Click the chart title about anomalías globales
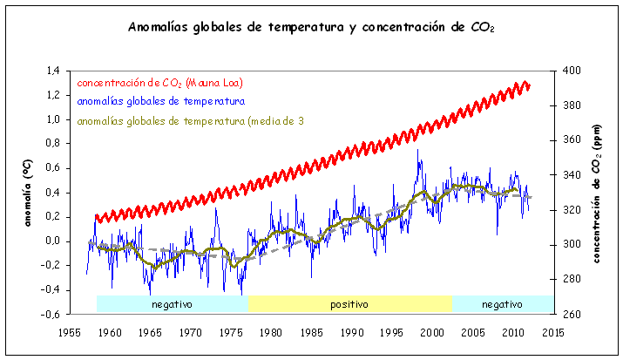tap(311, 27)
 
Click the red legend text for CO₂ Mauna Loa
tap(159, 83)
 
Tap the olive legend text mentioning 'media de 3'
tap(190, 120)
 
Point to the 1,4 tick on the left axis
tap(52, 71)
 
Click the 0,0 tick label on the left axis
tap(52, 241)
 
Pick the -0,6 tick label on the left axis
tap(51, 314)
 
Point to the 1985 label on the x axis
tap(311, 332)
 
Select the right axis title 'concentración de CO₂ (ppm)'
tap(598, 192)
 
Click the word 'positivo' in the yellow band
tap(349, 304)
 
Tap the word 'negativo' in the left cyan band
tap(172, 304)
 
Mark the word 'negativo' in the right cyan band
tap(502, 304)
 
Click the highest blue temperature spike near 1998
tap(417, 150)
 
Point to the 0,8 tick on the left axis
tap(52, 144)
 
